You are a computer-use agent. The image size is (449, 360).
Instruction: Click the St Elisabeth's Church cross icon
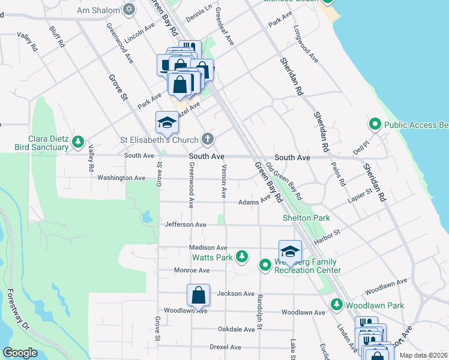207,140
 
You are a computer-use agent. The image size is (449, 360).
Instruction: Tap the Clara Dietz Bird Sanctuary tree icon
77,142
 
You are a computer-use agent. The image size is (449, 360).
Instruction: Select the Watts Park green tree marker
242,257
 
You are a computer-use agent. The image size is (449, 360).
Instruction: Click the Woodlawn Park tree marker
336,305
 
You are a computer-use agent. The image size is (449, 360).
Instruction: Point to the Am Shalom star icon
128,10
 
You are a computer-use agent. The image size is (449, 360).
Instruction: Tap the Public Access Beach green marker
375,125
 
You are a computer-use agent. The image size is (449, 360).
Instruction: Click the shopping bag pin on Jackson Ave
198,295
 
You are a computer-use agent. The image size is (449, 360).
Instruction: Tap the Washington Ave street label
121,178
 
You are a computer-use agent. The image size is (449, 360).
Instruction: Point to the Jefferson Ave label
185,224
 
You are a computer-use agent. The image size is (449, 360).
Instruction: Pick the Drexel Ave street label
225,347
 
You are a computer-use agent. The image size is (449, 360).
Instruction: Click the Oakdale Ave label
237,329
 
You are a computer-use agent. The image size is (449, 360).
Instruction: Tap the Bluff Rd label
58,37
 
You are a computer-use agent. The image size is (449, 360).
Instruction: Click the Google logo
20,353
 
